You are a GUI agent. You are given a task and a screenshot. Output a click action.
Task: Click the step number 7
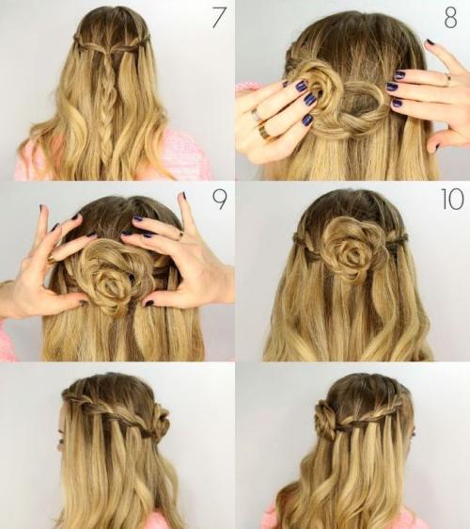click(x=218, y=18)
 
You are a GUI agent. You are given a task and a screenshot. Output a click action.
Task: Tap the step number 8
click(x=451, y=18)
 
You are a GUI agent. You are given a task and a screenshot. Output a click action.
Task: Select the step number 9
click(x=219, y=200)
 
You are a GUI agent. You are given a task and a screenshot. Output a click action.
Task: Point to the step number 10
click(x=452, y=200)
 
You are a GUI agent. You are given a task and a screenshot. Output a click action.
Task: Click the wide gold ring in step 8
click(x=264, y=132)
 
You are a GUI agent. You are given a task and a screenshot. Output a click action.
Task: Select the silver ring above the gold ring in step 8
click(x=256, y=115)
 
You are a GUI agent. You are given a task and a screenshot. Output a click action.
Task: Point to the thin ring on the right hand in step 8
click(x=448, y=77)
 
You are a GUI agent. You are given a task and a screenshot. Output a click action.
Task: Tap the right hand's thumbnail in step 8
click(x=437, y=147)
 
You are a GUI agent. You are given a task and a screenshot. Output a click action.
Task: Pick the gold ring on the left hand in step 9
click(x=52, y=260)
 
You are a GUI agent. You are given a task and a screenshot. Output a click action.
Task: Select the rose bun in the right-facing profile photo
click(x=326, y=417)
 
